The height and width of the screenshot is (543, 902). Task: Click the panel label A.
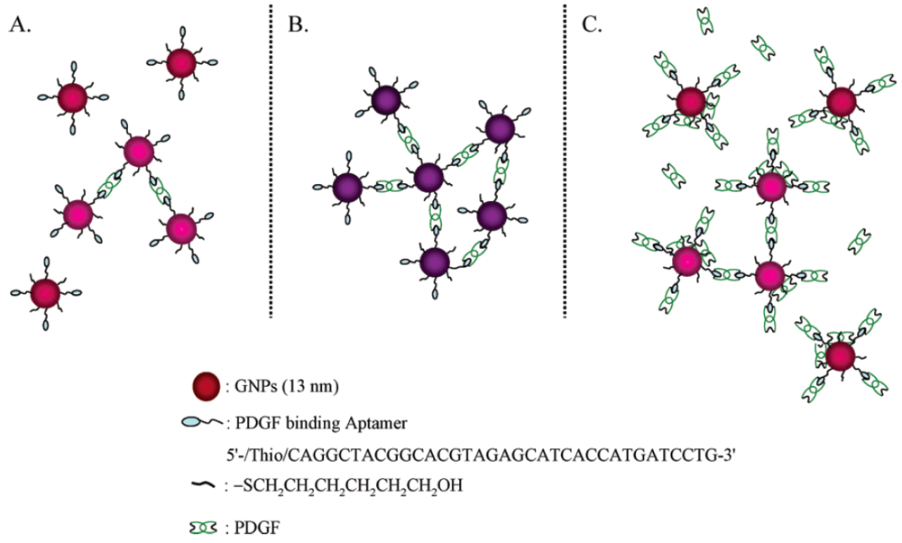pyautogui.click(x=19, y=24)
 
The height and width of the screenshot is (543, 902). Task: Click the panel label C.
pyautogui.click(x=592, y=24)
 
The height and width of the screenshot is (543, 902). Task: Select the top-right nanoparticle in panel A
pyautogui.click(x=181, y=63)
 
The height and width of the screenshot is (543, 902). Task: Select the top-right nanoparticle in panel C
pyautogui.click(x=840, y=101)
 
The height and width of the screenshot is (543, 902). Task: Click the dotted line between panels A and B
pyautogui.click(x=272, y=162)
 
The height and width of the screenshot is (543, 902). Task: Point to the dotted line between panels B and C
pyautogui.click(x=565, y=162)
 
